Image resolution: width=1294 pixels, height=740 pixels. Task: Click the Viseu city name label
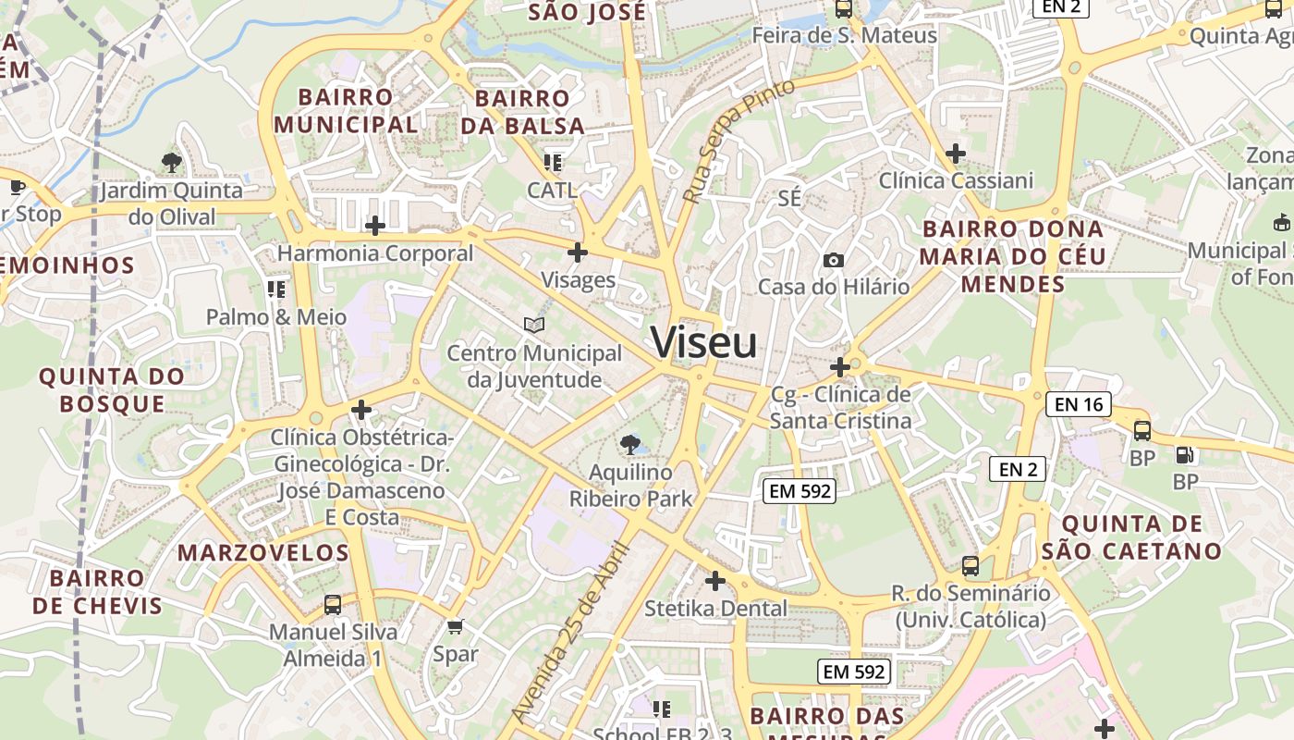point(704,342)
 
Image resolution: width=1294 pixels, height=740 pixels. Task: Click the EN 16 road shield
point(1079,404)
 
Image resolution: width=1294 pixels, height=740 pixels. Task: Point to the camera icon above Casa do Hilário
point(834,261)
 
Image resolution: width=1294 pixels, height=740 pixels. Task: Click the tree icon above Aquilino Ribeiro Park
point(630,445)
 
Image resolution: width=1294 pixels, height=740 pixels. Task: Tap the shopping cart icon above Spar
point(455,627)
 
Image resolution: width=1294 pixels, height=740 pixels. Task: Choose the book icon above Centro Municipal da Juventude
point(534,325)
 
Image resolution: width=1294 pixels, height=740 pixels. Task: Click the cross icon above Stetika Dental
point(715,581)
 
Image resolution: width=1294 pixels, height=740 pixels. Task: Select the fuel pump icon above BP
point(1184,454)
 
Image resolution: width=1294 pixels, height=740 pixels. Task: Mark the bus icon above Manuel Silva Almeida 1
point(333,605)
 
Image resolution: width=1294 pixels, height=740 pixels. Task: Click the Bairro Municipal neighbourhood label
point(346,110)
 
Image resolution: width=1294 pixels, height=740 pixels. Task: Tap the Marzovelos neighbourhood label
point(263,553)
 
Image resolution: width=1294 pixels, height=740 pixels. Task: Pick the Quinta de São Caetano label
point(1131,537)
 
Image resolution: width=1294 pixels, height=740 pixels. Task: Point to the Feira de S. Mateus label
point(844,35)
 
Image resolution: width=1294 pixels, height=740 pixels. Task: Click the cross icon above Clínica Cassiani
point(956,153)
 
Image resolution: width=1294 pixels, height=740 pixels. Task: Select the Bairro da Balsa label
point(522,112)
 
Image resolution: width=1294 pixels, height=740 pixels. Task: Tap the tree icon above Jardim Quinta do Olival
point(171,163)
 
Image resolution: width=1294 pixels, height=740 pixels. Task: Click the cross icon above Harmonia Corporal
point(375,226)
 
